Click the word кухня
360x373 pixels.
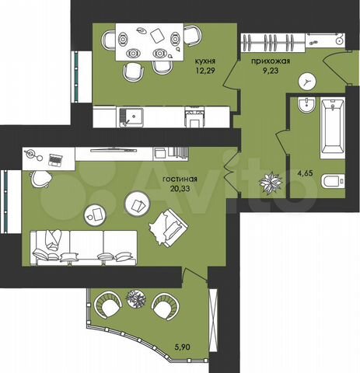point(205,61)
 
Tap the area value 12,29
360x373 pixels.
point(205,70)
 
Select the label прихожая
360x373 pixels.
point(271,61)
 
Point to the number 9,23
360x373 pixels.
point(271,70)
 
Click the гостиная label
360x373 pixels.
point(180,179)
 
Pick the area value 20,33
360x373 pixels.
point(180,188)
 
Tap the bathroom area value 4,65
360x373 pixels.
point(306,173)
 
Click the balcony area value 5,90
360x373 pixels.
point(183,347)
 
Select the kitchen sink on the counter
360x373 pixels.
point(131,117)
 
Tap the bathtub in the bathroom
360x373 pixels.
point(333,127)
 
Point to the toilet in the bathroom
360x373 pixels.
point(334,181)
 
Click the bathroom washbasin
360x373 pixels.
point(306,105)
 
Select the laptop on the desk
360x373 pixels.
point(55,160)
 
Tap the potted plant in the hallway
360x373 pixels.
point(271,183)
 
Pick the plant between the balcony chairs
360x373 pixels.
point(135,298)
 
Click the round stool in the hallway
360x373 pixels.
point(307,82)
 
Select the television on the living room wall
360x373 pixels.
point(114,150)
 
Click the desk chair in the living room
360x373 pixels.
point(41,179)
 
